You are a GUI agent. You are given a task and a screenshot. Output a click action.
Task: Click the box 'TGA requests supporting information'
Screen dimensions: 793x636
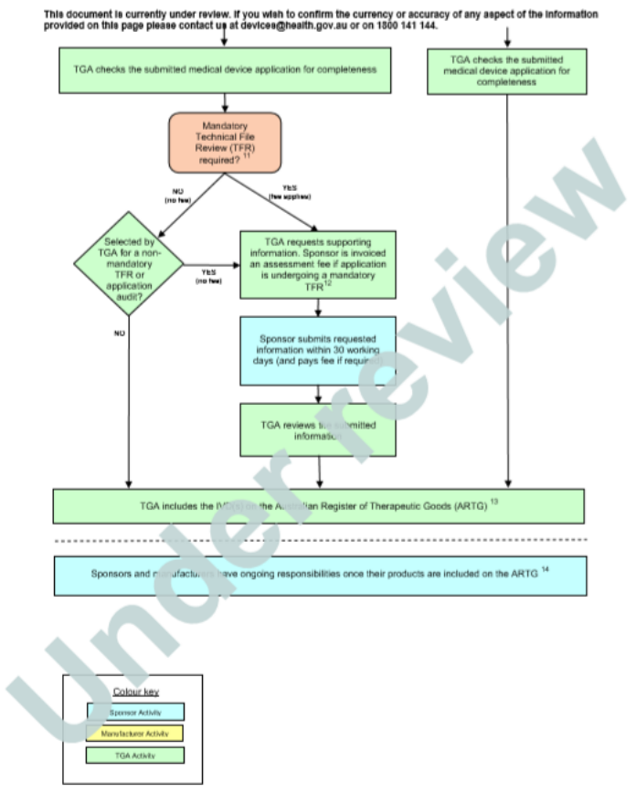pos(318,264)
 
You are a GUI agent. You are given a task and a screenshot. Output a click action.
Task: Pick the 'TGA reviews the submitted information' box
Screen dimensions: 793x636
pos(318,429)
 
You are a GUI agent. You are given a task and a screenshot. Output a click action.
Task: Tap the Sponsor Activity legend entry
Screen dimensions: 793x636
pos(135,711)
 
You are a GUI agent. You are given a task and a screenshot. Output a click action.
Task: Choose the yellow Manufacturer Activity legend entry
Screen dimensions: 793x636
pos(135,733)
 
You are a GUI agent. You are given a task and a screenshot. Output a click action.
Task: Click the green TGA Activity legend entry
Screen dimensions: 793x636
pos(135,756)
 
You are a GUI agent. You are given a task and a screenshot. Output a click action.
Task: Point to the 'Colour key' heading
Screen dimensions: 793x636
pos(134,692)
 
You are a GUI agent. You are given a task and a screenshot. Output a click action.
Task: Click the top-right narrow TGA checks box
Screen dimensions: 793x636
pos(506,70)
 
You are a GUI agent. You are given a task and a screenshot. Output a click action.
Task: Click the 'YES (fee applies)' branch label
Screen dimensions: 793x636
pos(291,193)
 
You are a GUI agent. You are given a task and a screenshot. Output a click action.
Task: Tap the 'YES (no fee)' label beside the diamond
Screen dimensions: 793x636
pos(209,276)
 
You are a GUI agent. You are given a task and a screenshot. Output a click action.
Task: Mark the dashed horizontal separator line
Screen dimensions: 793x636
pos(319,541)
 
